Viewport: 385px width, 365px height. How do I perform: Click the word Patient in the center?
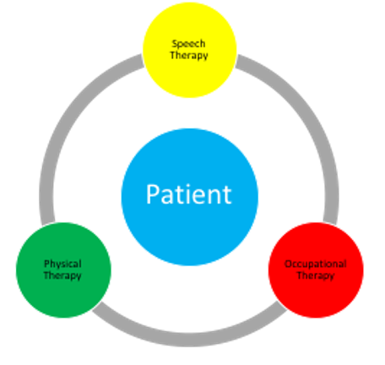[x=189, y=194]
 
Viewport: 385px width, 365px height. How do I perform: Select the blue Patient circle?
[x=190, y=197]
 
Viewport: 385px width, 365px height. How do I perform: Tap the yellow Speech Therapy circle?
[x=189, y=50]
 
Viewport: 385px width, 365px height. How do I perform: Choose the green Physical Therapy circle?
[x=63, y=270]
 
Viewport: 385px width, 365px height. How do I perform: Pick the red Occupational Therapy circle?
[x=316, y=270]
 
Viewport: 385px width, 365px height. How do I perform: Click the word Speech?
[x=188, y=44]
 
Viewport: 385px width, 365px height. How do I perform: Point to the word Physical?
[x=62, y=264]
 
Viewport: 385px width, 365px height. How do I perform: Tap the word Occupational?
[x=316, y=264]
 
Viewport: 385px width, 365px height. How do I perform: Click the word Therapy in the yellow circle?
[x=189, y=56]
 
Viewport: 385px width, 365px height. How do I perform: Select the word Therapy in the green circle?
[x=62, y=275]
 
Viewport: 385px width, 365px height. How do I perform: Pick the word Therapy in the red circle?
[x=316, y=275]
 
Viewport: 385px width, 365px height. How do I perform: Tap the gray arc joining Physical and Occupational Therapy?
[x=190, y=340]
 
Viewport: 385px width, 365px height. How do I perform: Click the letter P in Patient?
[x=152, y=194]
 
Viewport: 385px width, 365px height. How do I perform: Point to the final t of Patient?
[x=227, y=195]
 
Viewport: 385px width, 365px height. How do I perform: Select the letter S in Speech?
[x=175, y=44]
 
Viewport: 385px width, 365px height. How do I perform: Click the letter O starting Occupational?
[x=288, y=264]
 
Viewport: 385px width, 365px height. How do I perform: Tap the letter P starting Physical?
[x=47, y=264]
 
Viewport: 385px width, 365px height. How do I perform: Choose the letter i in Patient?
[x=185, y=194]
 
